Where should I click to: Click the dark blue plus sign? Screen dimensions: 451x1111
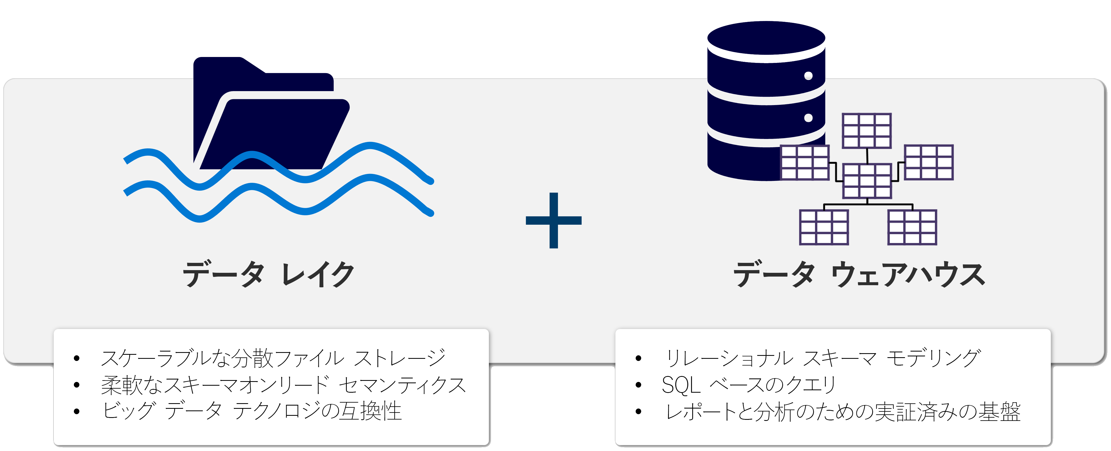pyautogui.click(x=554, y=221)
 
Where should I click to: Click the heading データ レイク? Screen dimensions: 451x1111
pyautogui.click(x=268, y=274)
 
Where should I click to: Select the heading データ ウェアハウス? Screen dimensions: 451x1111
pyautogui.click(x=859, y=274)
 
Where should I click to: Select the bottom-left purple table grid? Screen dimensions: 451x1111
pyautogui.click(x=824, y=227)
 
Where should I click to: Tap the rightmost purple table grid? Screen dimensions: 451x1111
pyautogui.click(x=929, y=162)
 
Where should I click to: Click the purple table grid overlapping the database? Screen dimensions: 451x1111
pyautogui.click(x=805, y=162)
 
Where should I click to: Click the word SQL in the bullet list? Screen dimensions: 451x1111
pyautogui.click(x=681, y=385)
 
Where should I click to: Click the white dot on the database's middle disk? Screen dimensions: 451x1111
pyautogui.click(x=809, y=118)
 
